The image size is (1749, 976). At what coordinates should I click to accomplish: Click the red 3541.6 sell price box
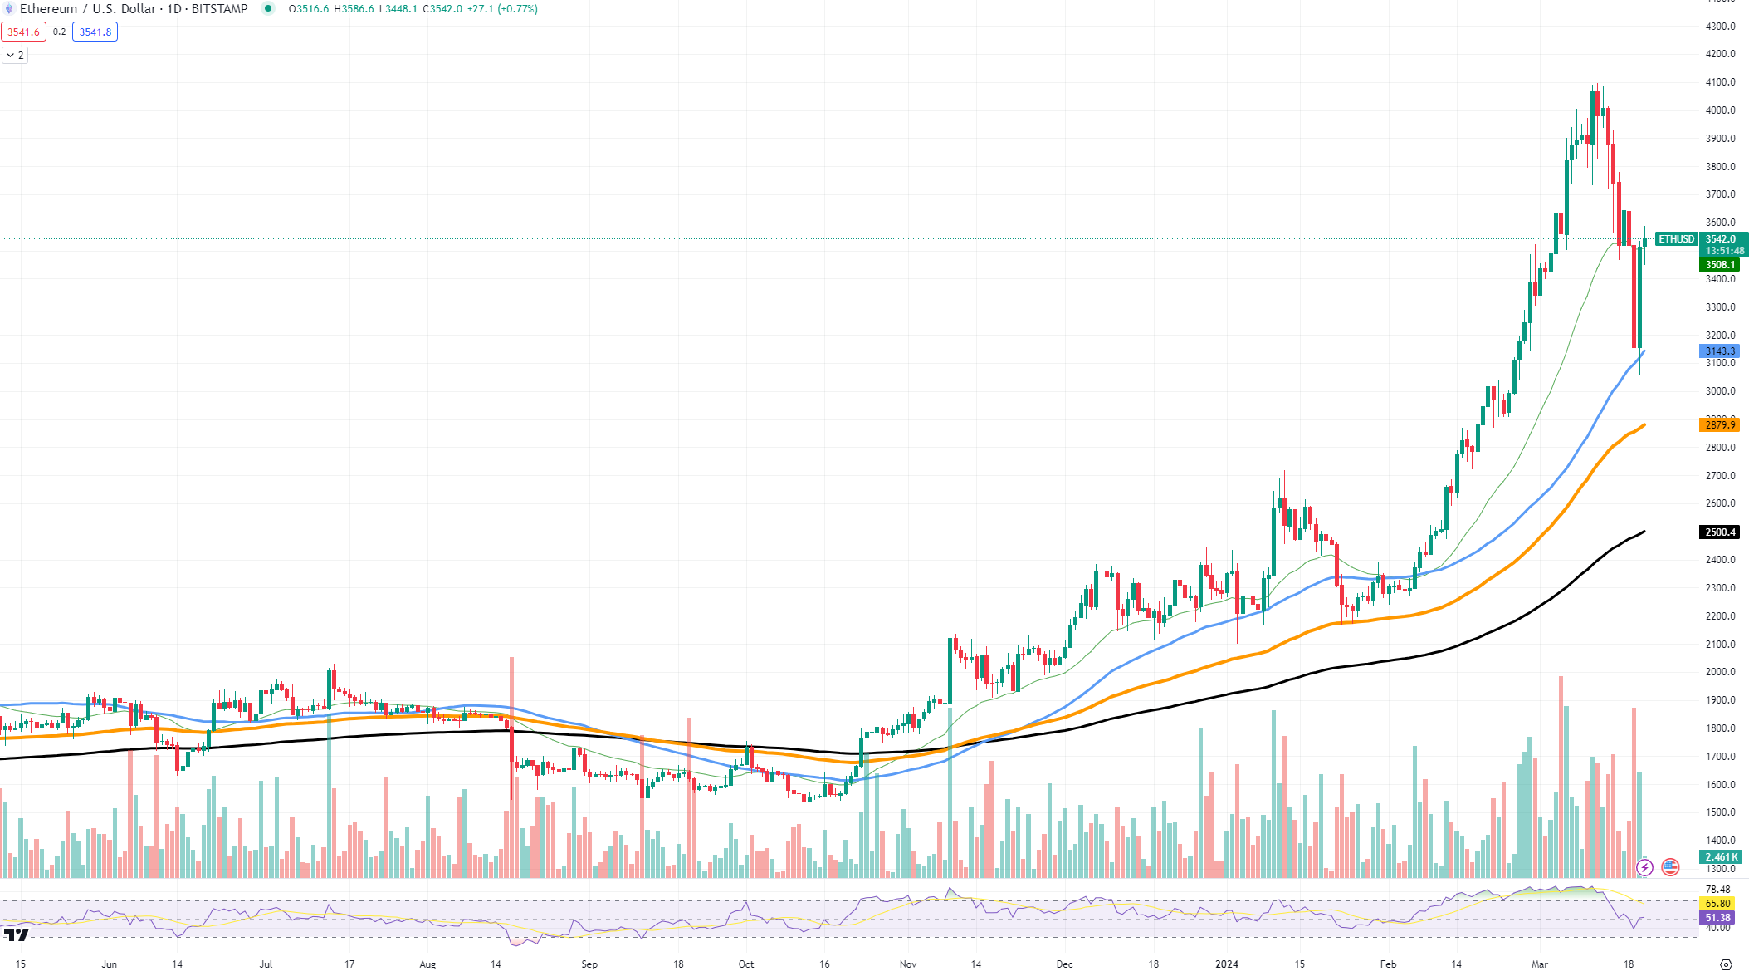[23, 32]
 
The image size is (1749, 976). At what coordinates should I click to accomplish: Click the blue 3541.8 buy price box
[95, 32]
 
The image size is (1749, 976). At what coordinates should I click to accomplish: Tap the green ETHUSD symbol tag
[1676, 239]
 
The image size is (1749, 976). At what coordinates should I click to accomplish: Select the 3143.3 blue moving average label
[1720, 351]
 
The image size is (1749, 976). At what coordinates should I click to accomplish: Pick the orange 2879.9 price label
[1720, 425]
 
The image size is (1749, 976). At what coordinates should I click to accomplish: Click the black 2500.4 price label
[1720, 532]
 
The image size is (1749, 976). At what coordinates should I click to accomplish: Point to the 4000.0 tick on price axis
[1720, 110]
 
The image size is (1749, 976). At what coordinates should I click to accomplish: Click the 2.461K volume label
[1720, 857]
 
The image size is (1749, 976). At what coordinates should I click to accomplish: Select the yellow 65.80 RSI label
[1717, 904]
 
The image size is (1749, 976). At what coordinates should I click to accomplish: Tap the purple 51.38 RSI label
[1717, 918]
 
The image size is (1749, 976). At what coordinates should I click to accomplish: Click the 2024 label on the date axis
[1226, 964]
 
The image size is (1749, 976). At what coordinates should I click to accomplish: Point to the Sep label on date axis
[589, 964]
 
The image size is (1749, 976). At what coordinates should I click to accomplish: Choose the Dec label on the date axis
[1064, 964]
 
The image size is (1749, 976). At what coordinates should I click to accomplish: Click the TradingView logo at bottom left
[17, 935]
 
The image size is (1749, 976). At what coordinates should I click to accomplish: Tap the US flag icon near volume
[1670, 867]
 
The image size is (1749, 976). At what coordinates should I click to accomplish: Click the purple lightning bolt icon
[1644, 867]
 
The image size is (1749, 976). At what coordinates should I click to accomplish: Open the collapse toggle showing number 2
[15, 56]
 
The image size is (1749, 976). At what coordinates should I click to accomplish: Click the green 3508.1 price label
[1720, 265]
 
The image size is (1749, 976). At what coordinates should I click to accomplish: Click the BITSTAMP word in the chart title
[219, 9]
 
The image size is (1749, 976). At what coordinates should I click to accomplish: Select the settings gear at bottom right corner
[1726, 964]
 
